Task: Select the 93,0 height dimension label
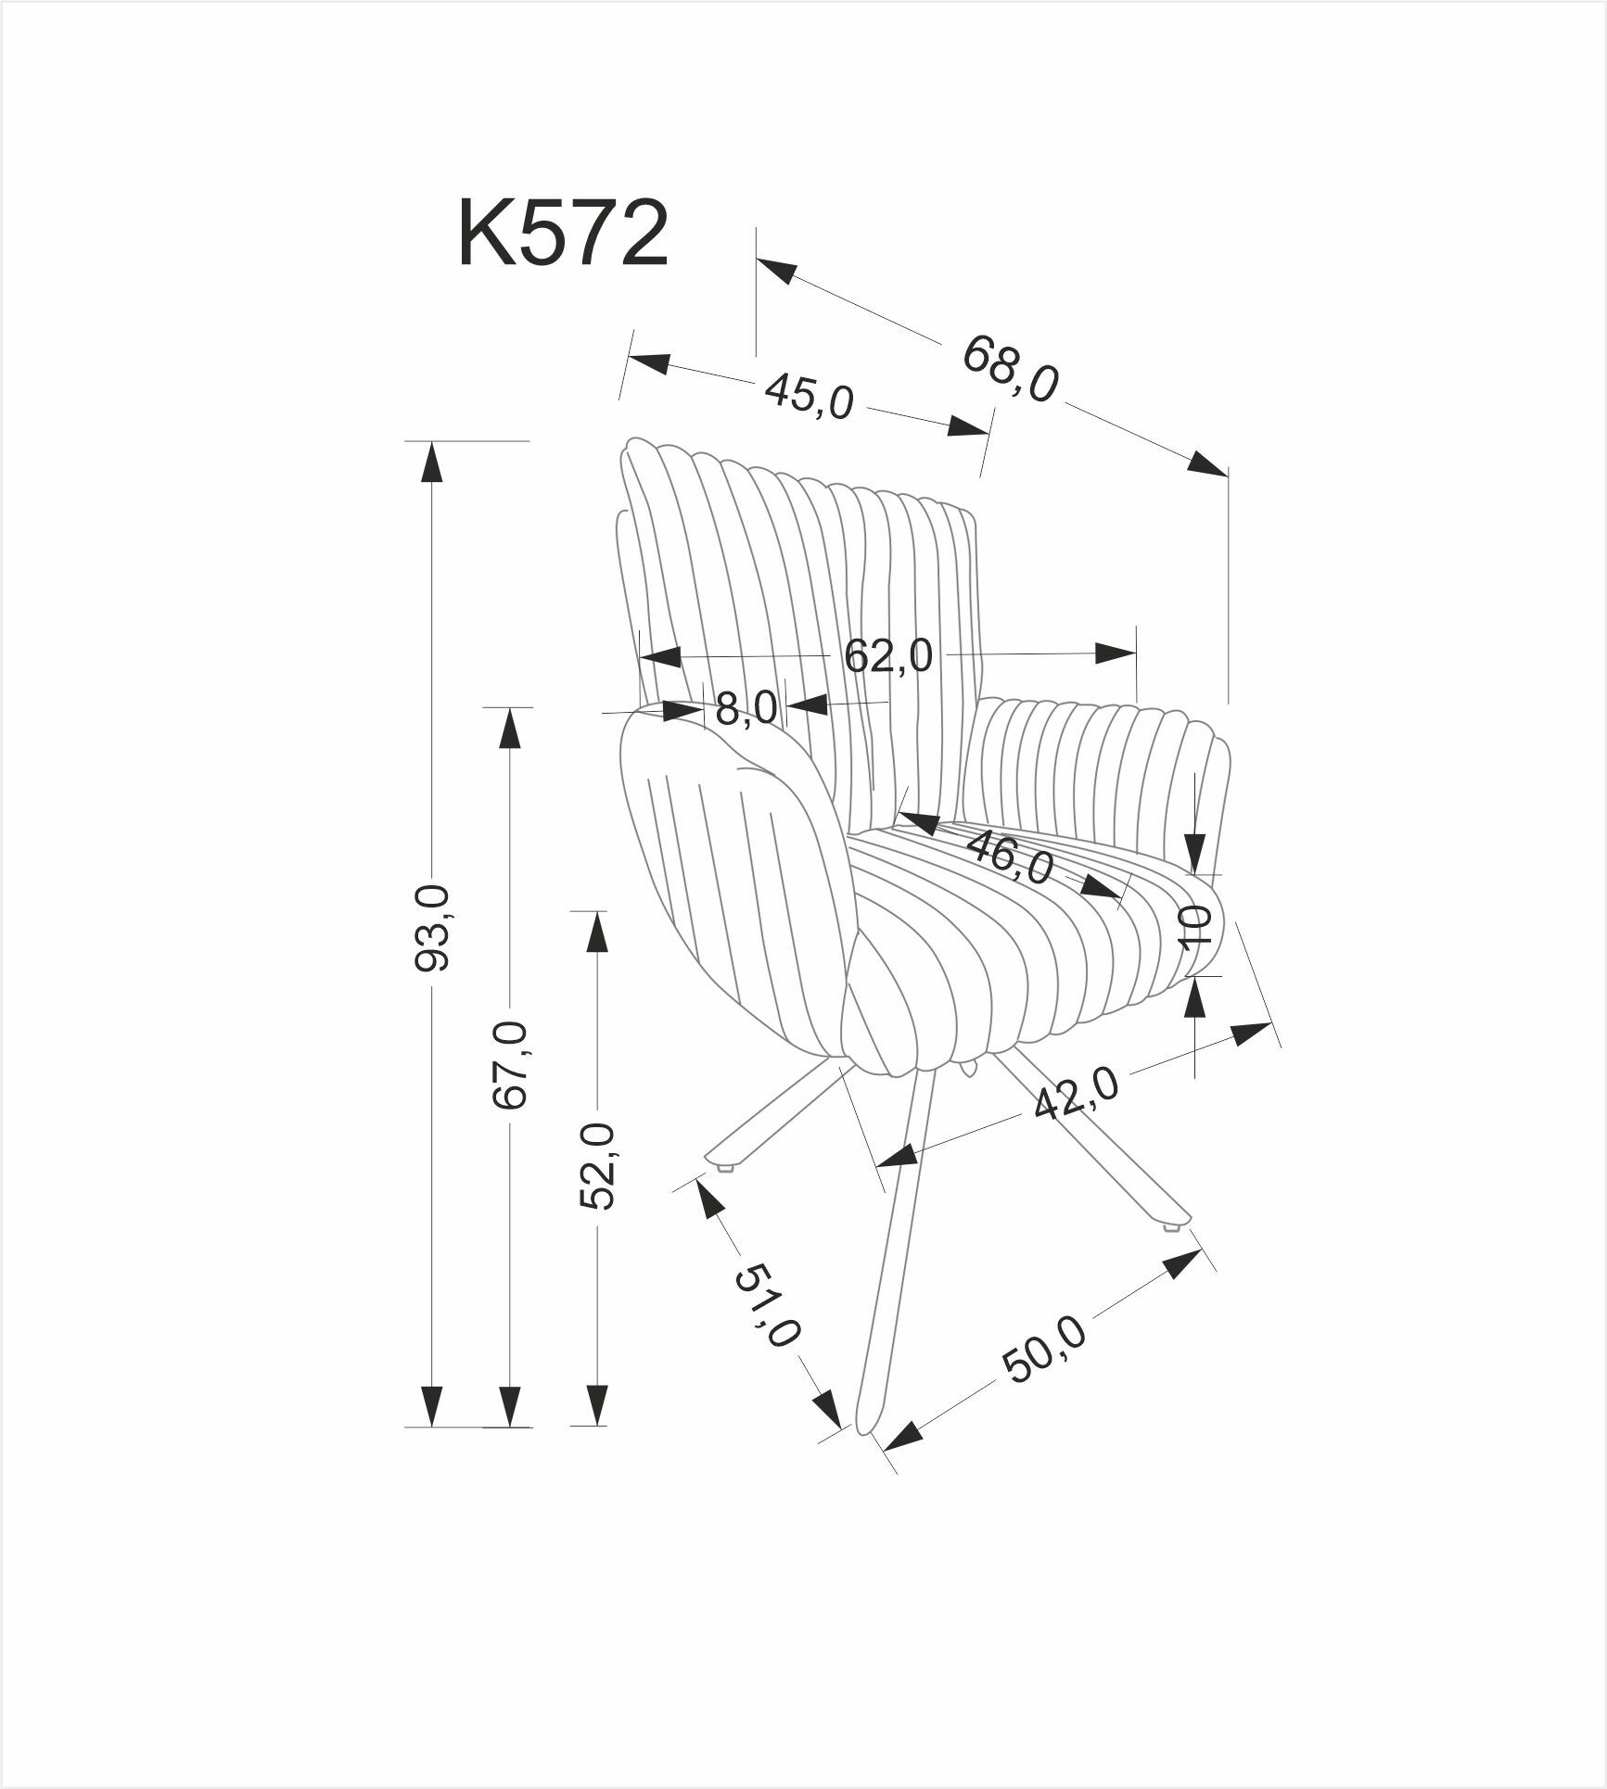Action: [x=432, y=928]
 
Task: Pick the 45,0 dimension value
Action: [x=809, y=398]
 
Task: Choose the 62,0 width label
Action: [x=887, y=656]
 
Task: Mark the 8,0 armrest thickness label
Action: [x=746, y=709]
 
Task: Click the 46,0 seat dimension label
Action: [x=1011, y=857]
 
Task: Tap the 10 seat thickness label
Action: [x=1196, y=924]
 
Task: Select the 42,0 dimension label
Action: [x=1077, y=1094]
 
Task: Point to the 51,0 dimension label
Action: [x=766, y=1307]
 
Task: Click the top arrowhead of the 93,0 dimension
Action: [x=430, y=461]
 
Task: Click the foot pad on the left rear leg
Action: [x=725, y=1168]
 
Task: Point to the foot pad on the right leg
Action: [x=1171, y=1229]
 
